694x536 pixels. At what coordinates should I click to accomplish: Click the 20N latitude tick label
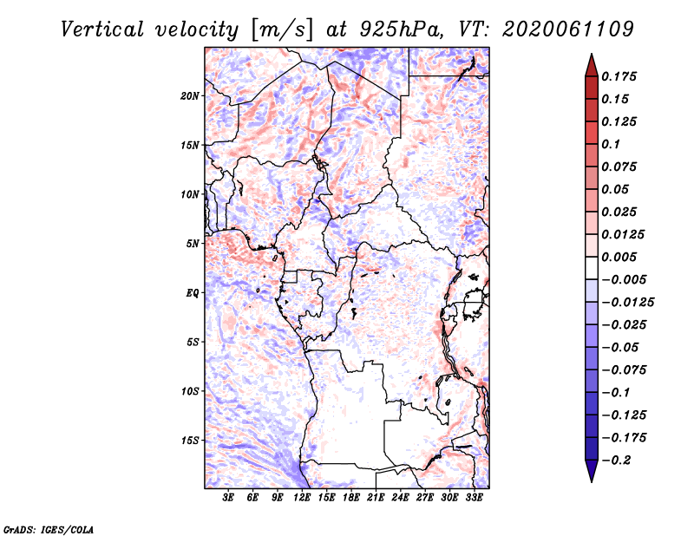(190, 96)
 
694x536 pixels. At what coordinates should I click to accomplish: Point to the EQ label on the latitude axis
(193, 293)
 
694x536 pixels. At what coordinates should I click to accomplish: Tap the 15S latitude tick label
(190, 441)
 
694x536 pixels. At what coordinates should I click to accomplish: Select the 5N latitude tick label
(193, 244)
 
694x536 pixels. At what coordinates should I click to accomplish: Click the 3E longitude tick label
(228, 498)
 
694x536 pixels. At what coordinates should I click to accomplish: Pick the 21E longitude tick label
(376, 498)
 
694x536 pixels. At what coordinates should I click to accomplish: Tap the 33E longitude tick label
(474, 498)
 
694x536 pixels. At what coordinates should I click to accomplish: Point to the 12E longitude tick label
(302, 498)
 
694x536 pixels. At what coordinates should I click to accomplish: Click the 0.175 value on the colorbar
(619, 76)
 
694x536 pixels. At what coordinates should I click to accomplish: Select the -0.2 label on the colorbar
(616, 461)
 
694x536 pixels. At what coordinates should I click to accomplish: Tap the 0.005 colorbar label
(619, 257)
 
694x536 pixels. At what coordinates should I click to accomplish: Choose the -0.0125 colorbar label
(627, 303)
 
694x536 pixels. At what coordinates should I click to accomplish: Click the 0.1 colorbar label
(611, 144)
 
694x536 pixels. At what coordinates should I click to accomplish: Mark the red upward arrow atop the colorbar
(592, 66)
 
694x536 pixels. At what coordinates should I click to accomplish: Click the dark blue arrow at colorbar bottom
(592, 471)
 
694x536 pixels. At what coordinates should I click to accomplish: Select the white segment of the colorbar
(592, 268)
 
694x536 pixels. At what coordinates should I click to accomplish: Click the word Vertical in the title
(102, 29)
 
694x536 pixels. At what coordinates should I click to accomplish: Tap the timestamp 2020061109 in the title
(568, 29)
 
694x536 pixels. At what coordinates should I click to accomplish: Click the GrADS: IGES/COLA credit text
(49, 529)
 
